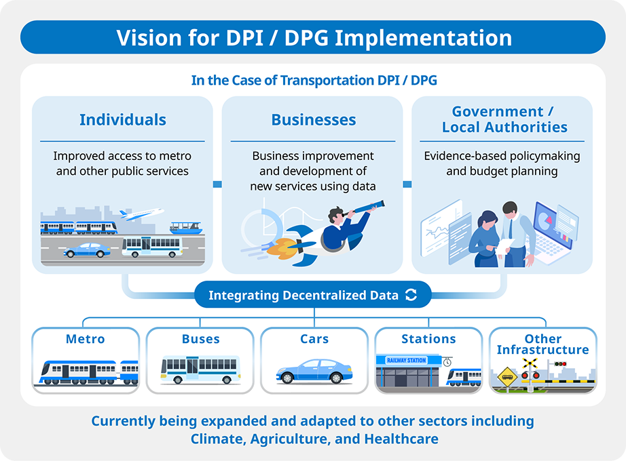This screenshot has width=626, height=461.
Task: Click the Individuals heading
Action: coord(123,119)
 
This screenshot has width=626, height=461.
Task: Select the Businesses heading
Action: coord(314,119)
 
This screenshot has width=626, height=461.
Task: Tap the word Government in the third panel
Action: coord(498,111)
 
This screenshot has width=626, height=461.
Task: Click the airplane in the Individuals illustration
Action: coord(142,214)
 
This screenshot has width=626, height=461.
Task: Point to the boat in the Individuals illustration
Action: coord(185,228)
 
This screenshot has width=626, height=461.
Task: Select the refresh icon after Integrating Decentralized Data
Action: coord(411,295)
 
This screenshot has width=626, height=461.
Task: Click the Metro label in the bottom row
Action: coord(86,338)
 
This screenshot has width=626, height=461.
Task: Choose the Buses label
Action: coord(201,338)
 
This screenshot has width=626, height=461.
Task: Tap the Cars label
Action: coord(314,338)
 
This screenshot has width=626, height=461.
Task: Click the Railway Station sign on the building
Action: coord(407,360)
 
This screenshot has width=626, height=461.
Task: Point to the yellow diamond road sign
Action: coord(507,377)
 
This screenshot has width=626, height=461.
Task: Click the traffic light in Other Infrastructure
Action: coord(560,363)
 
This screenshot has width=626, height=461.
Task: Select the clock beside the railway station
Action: coord(447,362)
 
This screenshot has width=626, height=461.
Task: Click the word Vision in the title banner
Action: coord(149,38)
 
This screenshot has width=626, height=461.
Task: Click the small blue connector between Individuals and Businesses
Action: coord(217,184)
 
